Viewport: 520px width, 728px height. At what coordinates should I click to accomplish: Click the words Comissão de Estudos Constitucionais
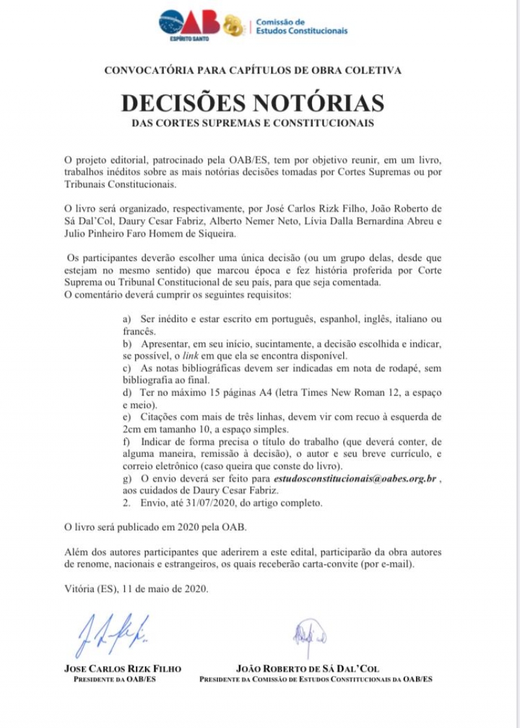tap(301, 26)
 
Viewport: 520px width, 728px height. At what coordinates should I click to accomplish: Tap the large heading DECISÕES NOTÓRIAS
tap(252, 103)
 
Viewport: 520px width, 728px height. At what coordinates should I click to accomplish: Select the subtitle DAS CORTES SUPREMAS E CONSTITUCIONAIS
tap(253, 123)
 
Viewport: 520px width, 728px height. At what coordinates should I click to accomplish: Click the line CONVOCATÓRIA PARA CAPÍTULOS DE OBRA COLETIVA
tap(253, 70)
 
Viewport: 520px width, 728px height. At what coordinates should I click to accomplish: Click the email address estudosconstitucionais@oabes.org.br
tap(354, 478)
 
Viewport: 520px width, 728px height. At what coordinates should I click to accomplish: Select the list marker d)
tap(127, 392)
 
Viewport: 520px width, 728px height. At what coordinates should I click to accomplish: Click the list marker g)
tap(127, 478)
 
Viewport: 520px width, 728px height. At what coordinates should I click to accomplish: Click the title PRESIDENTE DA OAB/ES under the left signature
tap(114, 679)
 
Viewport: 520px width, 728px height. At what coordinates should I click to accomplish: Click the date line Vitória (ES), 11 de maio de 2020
tap(136, 589)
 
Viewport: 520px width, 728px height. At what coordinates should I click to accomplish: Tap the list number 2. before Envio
tap(127, 502)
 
